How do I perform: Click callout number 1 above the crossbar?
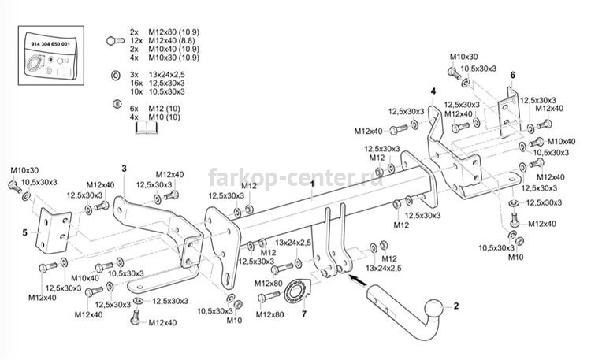pyautogui.click(x=312, y=183)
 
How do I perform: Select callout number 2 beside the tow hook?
pyautogui.click(x=454, y=304)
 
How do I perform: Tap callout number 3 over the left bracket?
pyautogui.click(x=124, y=169)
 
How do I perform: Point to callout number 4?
pyautogui.click(x=433, y=91)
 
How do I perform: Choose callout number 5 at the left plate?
pyautogui.click(x=24, y=232)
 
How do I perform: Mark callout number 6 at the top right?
pyautogui.click(x=511, y=75)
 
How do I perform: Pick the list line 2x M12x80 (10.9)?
pyautogui.click(x=160, y=32)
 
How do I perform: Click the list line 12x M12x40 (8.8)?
pyautogui.click(x=160, y=41)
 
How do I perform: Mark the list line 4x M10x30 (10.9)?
pyautogui.click(x=160, y=58)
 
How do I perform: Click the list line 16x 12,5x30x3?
pyautogui.click(x=162, y=84)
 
